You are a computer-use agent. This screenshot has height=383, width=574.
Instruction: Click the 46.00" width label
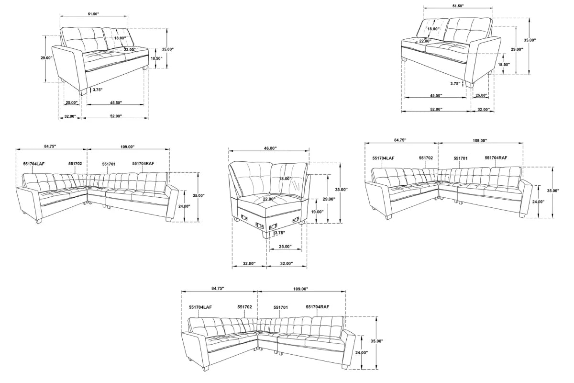[269, 148]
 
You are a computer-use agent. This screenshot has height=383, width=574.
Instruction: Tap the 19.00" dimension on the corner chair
[317, 212]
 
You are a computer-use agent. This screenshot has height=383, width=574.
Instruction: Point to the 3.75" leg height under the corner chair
[279, 233]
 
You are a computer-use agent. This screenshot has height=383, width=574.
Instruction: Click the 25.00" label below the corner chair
[285, 247]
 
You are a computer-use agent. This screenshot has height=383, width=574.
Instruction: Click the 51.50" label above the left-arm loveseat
[93, 14]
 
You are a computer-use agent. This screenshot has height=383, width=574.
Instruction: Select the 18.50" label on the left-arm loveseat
[156, 58]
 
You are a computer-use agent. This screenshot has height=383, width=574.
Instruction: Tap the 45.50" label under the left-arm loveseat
[115, 103]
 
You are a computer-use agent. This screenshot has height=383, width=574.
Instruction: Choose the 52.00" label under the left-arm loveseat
[115, 116]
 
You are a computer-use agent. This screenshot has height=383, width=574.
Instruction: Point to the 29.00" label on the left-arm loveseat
[46, 58]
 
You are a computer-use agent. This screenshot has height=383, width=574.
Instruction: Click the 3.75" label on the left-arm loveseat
[98, 90]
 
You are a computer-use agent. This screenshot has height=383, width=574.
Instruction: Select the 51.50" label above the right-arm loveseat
[458, 6]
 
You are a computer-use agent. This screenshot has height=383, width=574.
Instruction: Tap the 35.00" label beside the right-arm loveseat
[529, 41]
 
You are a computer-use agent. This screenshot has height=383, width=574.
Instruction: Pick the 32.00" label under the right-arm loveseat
[483, 110]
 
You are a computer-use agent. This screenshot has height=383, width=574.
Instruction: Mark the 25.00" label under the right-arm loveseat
[481, 95]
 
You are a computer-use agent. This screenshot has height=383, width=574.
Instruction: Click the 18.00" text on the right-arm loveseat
[433, 29]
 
